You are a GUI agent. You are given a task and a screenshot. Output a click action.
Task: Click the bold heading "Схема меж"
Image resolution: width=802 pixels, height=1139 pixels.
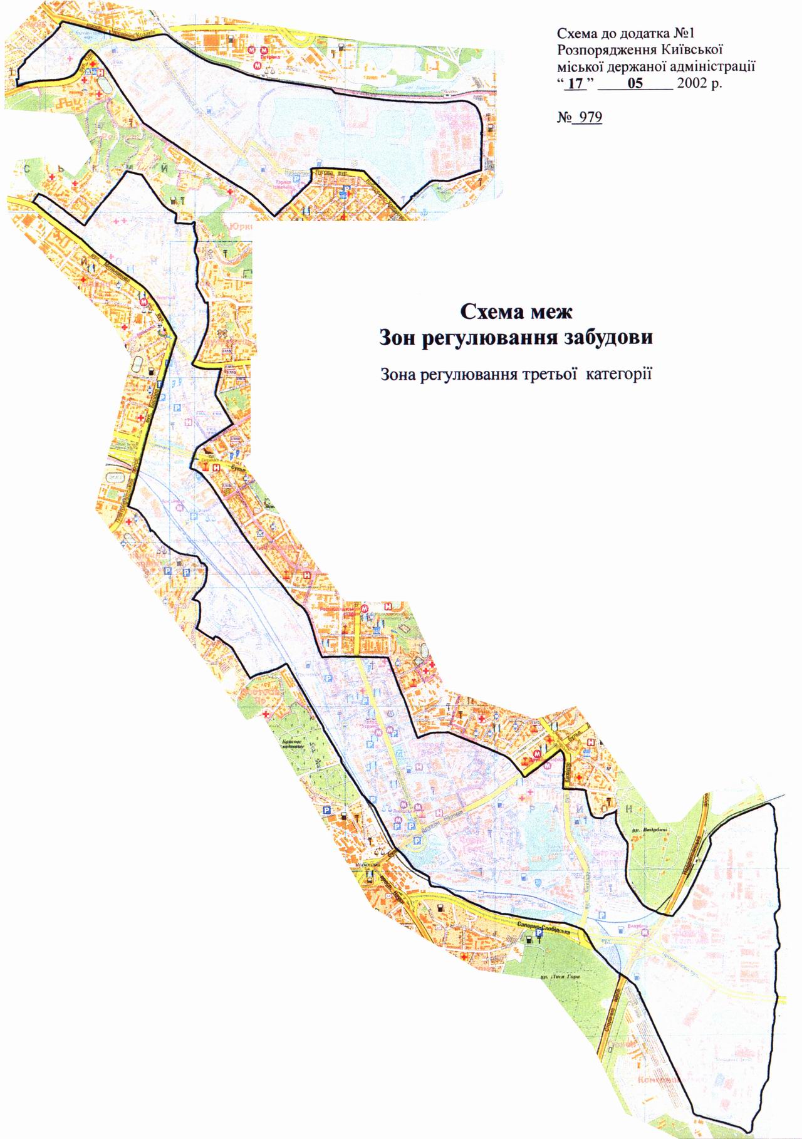tap(517, 311)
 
